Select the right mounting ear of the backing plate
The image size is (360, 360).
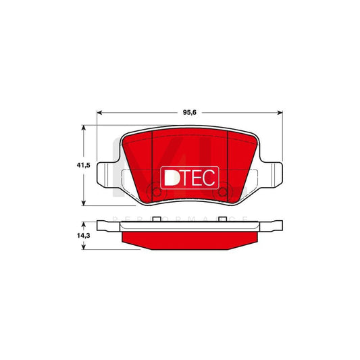[272, 175]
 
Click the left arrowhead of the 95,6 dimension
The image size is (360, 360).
[101, 112]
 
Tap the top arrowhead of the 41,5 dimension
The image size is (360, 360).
[84, 128]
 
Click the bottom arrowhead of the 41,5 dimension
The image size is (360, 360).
[84, 203]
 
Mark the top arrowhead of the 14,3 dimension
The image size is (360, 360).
[84, 222]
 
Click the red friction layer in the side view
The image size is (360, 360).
[189, 240]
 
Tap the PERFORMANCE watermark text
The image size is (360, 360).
[182, 217]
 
